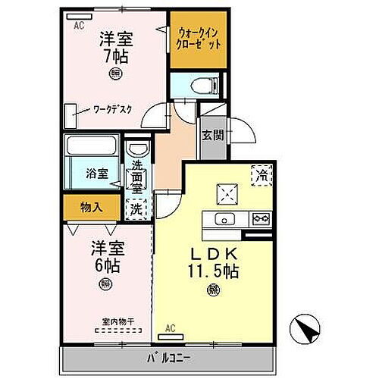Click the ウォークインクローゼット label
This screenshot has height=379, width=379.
[199, 39]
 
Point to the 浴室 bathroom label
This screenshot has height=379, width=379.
[95, 173]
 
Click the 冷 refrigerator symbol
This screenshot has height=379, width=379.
[262, 174]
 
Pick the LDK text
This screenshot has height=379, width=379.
[210, 254]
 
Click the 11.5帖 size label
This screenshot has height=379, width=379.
[211, 271]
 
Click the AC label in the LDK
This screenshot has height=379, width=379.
[170, 328]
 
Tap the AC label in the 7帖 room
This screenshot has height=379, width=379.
[78, 24]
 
